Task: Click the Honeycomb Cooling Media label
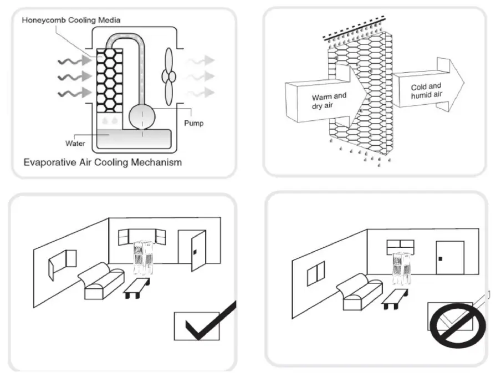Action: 71,21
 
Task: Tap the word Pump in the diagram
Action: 193,123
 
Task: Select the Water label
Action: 75,144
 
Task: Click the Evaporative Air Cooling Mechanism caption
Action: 103,163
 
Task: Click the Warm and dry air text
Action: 329,100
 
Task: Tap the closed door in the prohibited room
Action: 449,257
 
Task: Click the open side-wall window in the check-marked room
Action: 63,263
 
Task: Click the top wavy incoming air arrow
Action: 73,60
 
